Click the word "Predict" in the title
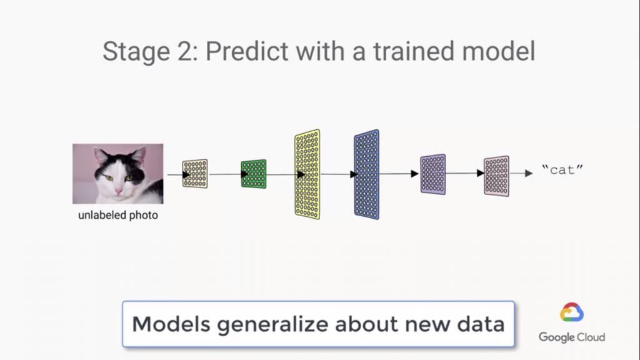click(246, 51)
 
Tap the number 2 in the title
click(186, 51)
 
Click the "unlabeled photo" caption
click(118, 215)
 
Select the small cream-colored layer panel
click(195, 174)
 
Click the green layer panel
click(254, 174)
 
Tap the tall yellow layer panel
click(307, 174)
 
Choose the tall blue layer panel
click(366, 174)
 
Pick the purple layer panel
click(433, 174)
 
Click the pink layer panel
click(497, 176)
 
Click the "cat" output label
click(562, 169)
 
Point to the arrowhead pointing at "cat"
click(529, 173)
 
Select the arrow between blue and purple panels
click(399, 174)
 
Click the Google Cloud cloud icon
click(571, 312)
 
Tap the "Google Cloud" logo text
click(572, 337)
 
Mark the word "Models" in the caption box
click(171, 324)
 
